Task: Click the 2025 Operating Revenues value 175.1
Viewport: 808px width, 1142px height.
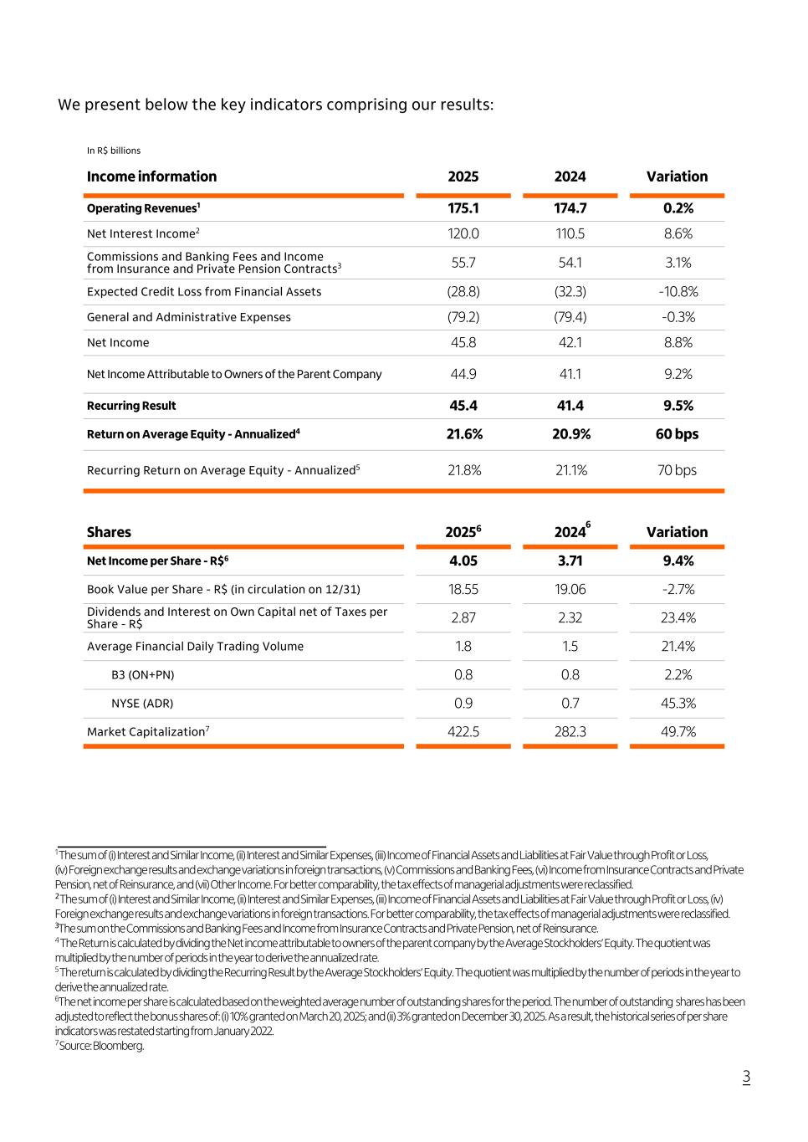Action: click(463, 208)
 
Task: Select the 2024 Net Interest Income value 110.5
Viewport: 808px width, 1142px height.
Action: click(570, 234)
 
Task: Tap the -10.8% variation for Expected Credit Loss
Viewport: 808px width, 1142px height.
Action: click(677, 292)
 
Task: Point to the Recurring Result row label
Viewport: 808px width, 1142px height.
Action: click(131, 406)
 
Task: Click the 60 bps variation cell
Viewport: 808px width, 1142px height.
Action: click(677, 434)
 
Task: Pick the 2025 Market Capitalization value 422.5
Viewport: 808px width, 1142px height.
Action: click(463, 732)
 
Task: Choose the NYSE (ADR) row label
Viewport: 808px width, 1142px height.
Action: click(142, 704)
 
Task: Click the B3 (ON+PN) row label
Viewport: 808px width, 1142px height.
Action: click(143, 675)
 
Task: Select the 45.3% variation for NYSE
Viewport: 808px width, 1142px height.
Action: click(677, 704)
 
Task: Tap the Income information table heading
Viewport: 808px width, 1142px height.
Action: click(151, 177)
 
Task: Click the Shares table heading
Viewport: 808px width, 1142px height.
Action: click(109, 532)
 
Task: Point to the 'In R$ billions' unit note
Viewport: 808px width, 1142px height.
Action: click(114, 151)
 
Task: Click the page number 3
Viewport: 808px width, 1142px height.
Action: click(746, 1078)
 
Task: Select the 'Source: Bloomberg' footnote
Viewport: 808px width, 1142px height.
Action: click(101, 1046)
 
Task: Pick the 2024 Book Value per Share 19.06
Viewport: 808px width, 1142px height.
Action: click(570, 590)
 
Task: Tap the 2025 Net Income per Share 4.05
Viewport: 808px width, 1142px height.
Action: click(463, 561)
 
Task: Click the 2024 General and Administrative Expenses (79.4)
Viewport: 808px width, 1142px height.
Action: click(570, 318)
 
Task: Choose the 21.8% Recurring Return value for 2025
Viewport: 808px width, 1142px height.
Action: click(464, 470)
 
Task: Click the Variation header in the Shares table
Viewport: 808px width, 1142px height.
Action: click(677, 532)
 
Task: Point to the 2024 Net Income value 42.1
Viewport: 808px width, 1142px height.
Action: click(570, 343)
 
